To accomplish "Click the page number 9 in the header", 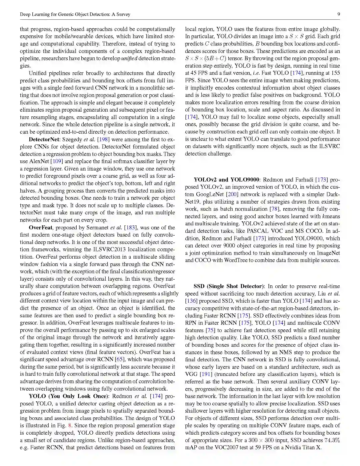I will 338,14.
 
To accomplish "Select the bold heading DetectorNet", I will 44,139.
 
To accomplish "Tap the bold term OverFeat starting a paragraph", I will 41,228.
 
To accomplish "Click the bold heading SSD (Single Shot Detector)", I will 229,286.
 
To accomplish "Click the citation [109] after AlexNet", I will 57,161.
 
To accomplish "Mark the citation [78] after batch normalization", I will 274,209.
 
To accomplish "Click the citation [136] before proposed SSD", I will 191,301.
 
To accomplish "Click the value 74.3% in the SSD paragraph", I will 332,440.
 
